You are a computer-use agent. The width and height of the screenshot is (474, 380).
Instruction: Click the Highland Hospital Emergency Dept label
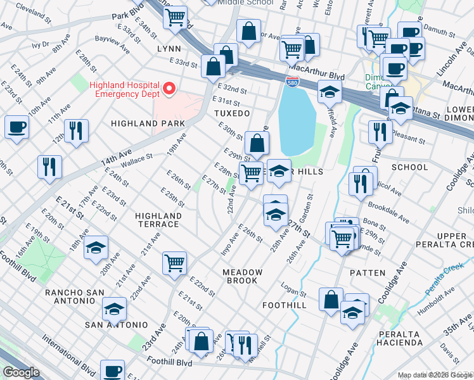click(x=124, y=89)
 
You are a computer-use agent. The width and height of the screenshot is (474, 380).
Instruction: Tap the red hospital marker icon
click(x=169, y=89)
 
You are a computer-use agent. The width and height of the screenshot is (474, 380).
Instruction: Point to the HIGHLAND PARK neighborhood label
click(x=148, y=123)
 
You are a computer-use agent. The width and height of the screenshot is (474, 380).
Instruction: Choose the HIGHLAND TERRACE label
click(x=158, y=220)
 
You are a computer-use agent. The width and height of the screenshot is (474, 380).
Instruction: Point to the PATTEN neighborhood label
click(x=367, y=272)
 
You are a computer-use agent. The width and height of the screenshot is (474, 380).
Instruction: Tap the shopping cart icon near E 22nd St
click(x=174, y=262)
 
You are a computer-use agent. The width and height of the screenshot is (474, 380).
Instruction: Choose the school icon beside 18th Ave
click(x=96, y=246)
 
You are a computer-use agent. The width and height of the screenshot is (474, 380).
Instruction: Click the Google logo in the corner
click(x=21, y=372)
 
